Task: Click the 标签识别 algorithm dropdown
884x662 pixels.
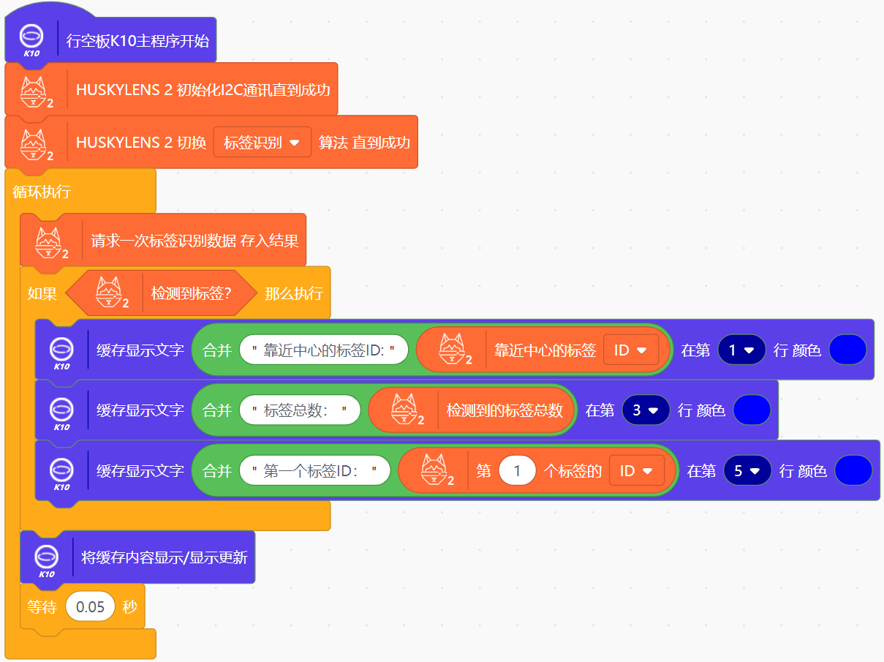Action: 262,143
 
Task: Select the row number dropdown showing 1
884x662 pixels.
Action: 741,350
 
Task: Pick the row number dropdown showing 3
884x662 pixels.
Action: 646,410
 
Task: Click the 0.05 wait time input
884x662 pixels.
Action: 90,607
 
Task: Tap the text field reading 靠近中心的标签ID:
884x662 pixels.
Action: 323,350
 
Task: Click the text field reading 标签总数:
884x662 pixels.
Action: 300,410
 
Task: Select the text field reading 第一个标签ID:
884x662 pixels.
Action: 314,471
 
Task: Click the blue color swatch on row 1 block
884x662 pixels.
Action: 848,350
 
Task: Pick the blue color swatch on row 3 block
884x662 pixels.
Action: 752,410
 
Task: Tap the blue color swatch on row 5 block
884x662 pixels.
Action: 853,471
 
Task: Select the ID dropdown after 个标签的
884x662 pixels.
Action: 636,471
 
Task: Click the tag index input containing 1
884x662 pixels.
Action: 517,471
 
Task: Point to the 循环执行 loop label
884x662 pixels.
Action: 42,192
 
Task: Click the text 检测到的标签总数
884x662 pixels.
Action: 505,410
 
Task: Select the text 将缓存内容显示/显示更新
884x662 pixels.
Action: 165,557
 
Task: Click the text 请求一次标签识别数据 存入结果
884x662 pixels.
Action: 194,241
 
